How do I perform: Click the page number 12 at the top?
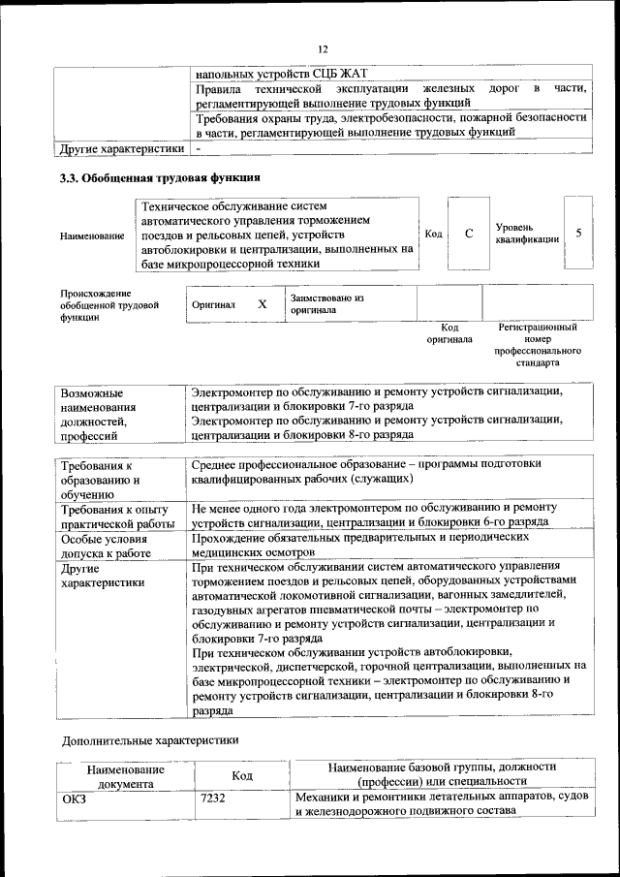pos(324,49)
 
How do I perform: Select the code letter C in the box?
pos(468,234)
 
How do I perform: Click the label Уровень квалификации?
pos(526,234)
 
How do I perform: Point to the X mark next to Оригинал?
pos(262,304)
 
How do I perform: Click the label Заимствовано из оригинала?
pos(325,304)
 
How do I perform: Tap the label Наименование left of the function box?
pos(92,235)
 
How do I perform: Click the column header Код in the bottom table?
pos(241,775)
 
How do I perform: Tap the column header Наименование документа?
pos(125,775)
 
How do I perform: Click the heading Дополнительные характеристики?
pos(149,740)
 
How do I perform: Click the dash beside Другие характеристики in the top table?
pos(198,149)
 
